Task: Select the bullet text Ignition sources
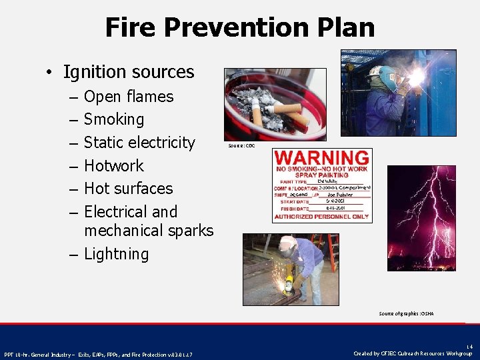click(128, 72)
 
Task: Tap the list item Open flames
click(129, 97)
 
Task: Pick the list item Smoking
click(114, 119)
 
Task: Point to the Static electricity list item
click(139, 143)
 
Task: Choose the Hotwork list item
click(114, 165)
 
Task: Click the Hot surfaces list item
click(128, 189)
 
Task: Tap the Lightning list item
click(116, 254)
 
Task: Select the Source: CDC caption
click(241, 145)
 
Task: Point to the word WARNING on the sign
click(323, 158)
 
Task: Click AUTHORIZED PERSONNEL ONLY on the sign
click(323, 217)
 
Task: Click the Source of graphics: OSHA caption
click(406, 313)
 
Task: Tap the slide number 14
click(469, 347)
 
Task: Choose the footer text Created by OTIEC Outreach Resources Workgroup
click(413, 353)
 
